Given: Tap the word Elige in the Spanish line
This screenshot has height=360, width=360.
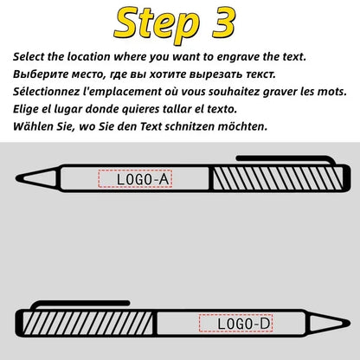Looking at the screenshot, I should (x=27, y=109).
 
